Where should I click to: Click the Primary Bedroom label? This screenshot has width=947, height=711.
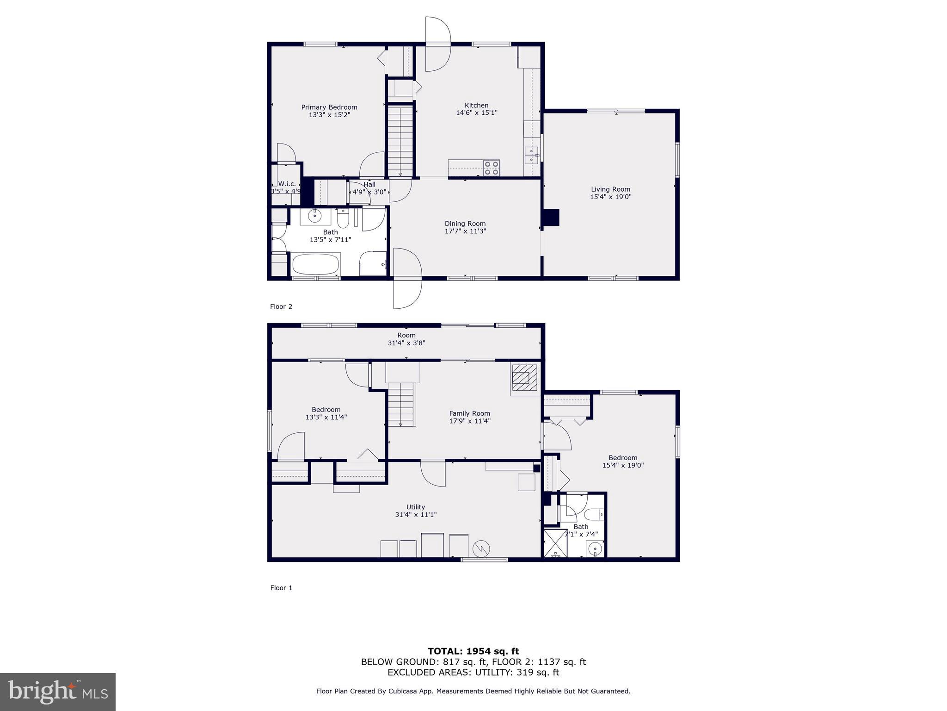pyautogui.click(x=329, y=107)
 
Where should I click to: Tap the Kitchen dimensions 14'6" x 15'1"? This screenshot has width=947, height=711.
pyautogui.click(x=476, y=112)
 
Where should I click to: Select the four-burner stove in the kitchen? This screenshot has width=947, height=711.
pyautogui.click(x=492, y=168)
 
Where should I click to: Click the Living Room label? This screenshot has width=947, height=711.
pyautogui.click(x=610, y=189)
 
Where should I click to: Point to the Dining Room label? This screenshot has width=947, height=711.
pyautogui.click(x=465, y=224)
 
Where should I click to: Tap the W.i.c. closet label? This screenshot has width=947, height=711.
pyautogui.click(x=287, y=184)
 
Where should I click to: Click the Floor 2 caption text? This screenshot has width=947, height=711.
pyautogui.click(x=281, y=306)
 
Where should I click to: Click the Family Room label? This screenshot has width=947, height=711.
pyautogui.click(x=469, y=413)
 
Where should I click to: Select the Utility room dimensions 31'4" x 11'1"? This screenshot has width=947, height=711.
pyautogui.click(x=416, y=514)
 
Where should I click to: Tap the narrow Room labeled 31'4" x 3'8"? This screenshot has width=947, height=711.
pyautogui.click(x=406, y=339)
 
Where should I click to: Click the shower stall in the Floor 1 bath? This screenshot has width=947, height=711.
pyautogui.click(x=555, y=543)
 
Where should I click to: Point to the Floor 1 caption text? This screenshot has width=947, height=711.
pyautogui.click(x=281, y=588)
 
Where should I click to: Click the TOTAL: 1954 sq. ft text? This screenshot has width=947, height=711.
pyautogui.click(x=473, y=651)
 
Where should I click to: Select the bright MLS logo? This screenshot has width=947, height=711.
pyautogui.click(x=58, y=692)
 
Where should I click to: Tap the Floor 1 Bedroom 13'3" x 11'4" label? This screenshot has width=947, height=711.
pyautogui.click(x=326, y=413)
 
